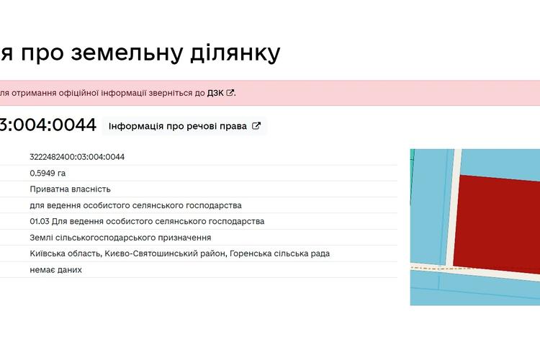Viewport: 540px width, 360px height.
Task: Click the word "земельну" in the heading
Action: [x=127, y=53]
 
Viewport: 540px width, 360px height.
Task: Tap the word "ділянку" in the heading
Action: [x=235, y=53]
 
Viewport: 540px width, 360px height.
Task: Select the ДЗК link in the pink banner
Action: [x=215, y=93]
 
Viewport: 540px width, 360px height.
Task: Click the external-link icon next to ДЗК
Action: [x=230, y=93]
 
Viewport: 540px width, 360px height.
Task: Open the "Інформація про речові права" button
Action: [x=184, y=126]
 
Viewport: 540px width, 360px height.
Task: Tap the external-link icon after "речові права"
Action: [x=256, y=126]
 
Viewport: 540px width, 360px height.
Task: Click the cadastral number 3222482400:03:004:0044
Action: [x=77, y=157]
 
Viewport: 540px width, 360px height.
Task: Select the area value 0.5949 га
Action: [x=48, y=173]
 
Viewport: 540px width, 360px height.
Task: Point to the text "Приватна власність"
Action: [x=71, y=189]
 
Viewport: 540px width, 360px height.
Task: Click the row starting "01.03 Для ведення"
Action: [x=147, y=221]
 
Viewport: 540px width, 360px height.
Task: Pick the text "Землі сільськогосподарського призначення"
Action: [x=120, y=238]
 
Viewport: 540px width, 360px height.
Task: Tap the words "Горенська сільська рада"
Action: [x=279, y=253]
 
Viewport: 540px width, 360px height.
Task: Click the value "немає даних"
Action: [x=55, y=270]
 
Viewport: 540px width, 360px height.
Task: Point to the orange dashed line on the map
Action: [x=441, y=268]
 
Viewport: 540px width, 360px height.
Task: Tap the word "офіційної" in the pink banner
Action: [x=78, y=93]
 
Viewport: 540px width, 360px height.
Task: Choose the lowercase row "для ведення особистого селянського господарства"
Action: [x=135, y=205]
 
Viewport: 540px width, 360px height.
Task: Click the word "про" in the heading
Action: [x=42, y=53]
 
